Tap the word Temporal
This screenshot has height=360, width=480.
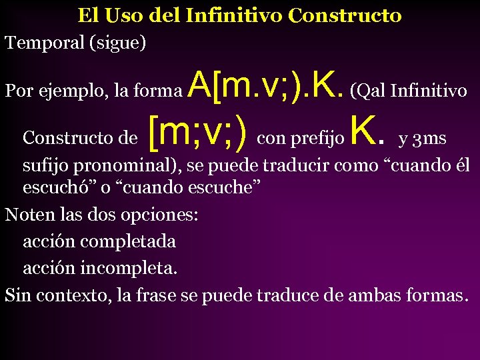(x=43, y=43)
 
